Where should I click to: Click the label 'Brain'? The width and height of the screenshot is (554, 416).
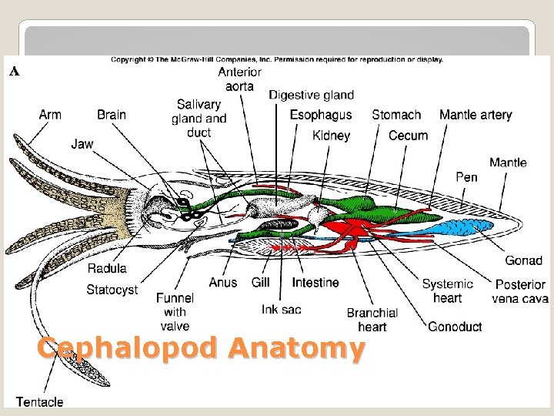[112, 115]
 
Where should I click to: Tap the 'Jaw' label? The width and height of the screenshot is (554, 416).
[82, 143]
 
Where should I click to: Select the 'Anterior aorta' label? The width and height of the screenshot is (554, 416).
[239, 79]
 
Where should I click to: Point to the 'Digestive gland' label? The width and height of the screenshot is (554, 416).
[311, 95]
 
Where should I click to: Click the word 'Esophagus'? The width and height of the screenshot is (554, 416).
[321, 115]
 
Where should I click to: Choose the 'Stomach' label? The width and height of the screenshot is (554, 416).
[396, 115]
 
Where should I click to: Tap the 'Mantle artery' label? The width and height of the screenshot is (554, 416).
[476, 115]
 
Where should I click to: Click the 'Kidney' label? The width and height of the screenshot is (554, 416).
[332, 136]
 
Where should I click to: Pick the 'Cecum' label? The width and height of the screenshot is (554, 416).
[408, 136]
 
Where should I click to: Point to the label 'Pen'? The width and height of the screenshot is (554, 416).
[466, 177]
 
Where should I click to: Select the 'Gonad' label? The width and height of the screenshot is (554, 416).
[523, 260]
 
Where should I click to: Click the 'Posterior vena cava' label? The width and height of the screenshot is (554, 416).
[521, 291]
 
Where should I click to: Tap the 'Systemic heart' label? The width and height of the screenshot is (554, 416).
[447, 291]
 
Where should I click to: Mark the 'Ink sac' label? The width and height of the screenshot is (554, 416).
[281, 309]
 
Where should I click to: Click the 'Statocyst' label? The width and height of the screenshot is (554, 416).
[112, 290]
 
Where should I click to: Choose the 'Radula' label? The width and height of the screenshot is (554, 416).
[107, 269]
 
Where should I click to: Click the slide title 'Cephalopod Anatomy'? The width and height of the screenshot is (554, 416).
[200, 349]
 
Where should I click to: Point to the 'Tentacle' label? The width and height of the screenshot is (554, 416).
[40, 401]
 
